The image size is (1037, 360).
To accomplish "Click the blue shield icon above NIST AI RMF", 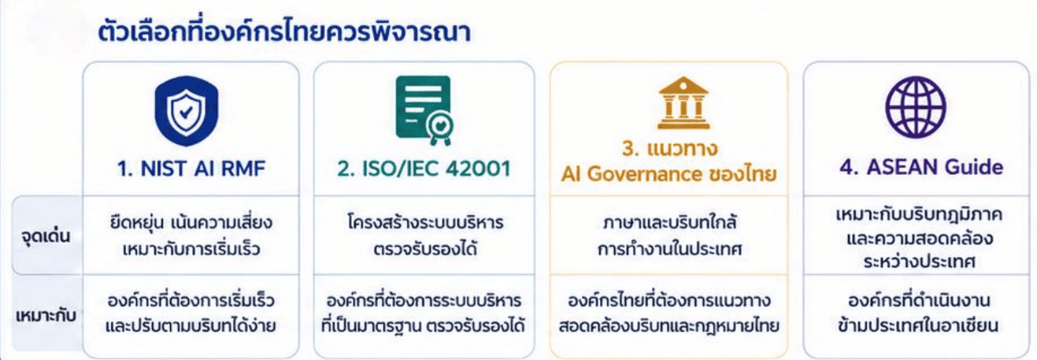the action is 187,110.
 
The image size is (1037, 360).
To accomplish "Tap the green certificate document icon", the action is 424,110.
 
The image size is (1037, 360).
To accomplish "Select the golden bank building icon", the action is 683,103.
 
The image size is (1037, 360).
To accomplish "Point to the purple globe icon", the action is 916,107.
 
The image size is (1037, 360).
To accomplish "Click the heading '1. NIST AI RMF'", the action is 191,169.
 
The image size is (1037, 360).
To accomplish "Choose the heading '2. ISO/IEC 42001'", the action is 424,169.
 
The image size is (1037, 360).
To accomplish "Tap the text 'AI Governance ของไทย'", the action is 668,175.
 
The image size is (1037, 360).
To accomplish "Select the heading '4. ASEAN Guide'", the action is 921,167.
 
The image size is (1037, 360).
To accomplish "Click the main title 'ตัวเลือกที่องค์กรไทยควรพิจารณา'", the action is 284,32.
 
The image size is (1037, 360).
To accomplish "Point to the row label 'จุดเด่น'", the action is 46,236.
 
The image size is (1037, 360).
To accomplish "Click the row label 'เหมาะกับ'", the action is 46,316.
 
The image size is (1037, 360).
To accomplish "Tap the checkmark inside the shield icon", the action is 186,112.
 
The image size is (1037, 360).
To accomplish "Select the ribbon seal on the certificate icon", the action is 440,128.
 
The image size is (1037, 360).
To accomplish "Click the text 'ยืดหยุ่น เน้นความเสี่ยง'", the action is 191,222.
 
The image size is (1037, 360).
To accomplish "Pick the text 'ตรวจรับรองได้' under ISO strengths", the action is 425,249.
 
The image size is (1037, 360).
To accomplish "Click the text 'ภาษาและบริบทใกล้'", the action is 669,223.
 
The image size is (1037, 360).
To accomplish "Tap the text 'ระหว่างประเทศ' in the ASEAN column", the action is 920,262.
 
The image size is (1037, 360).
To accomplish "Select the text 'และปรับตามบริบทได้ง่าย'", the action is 191,325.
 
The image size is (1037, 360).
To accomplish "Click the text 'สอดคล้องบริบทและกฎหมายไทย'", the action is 669,326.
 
